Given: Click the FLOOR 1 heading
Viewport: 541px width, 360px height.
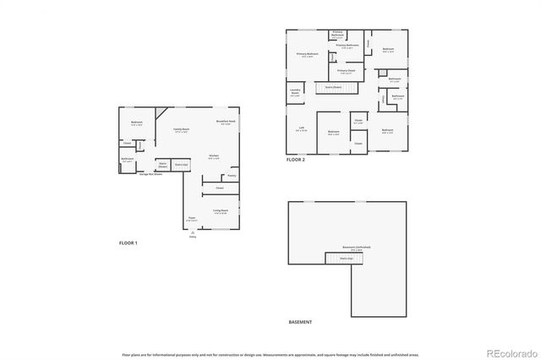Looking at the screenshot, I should pos(128,243).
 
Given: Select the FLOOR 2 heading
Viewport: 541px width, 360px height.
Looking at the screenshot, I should pos(295,159).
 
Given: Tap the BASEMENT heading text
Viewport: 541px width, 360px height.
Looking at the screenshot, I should pos(300,322).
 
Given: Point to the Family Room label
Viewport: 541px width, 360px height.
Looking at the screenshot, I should pos(181,130).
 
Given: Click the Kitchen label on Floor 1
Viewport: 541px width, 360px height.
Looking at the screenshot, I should pos(215,157).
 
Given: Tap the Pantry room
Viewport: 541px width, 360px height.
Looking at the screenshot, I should pos(231,176).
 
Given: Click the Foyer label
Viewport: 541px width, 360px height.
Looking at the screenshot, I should pos(192,218).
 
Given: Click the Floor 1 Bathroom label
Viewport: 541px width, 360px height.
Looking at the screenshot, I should pos(127,160).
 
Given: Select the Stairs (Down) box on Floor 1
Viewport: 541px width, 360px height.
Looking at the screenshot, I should pos(162,165).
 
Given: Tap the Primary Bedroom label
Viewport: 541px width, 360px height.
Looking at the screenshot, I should pos(307,55).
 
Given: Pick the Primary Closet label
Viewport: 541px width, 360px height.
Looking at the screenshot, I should pos(347,72).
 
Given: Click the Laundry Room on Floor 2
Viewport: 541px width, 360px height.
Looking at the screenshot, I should pos(295,94).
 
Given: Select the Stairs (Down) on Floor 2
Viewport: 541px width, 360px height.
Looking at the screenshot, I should pos(331,87).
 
